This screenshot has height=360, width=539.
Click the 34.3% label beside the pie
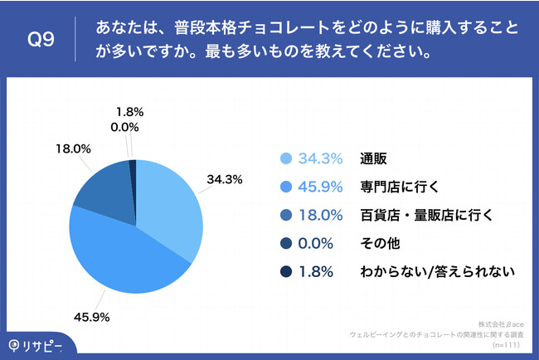[224, 179]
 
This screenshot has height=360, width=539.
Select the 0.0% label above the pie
[124, 127]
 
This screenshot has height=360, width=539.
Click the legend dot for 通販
[287, 159]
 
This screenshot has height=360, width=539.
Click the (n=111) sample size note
[507, 344]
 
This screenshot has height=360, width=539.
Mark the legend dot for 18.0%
[287, 216]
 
